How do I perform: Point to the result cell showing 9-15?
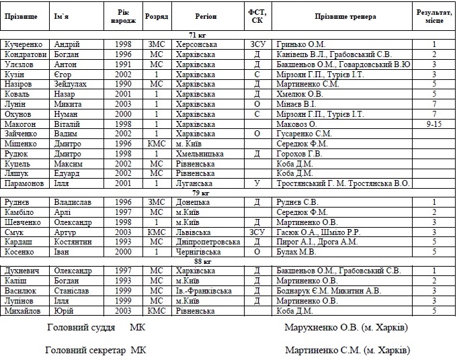[x=433, y=124]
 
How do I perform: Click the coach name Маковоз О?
[x=296, y=124]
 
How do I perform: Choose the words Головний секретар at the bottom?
[x=85, y=350]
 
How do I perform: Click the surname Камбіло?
[x=22, y=212]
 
